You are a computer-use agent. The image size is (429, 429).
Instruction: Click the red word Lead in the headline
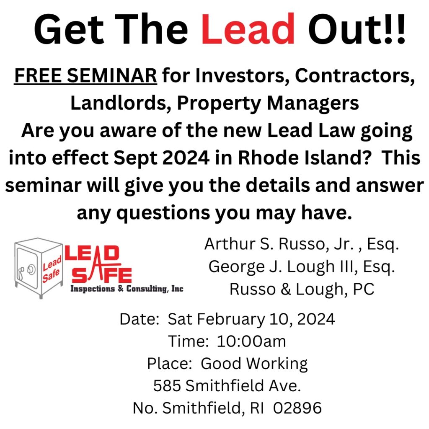[x=248, y=29]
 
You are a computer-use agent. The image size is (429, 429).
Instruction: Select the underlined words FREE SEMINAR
[x=85, y=75]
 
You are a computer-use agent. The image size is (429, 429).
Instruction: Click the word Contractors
[x=355, y=75]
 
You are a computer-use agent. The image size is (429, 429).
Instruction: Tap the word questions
[x=163, y=213]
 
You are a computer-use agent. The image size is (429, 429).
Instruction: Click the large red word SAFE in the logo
[x=101, y=275]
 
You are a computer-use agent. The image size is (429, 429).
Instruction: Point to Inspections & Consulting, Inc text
[x=127, y=289]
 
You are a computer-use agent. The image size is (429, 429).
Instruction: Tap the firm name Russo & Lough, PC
[x=302, y=289]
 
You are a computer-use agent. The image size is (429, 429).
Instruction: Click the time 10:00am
[x=251, y=341]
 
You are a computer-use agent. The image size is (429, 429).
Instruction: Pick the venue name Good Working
[x=254, y=364]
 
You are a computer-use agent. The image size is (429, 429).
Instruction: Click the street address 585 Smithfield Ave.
[x=227, y=386]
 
